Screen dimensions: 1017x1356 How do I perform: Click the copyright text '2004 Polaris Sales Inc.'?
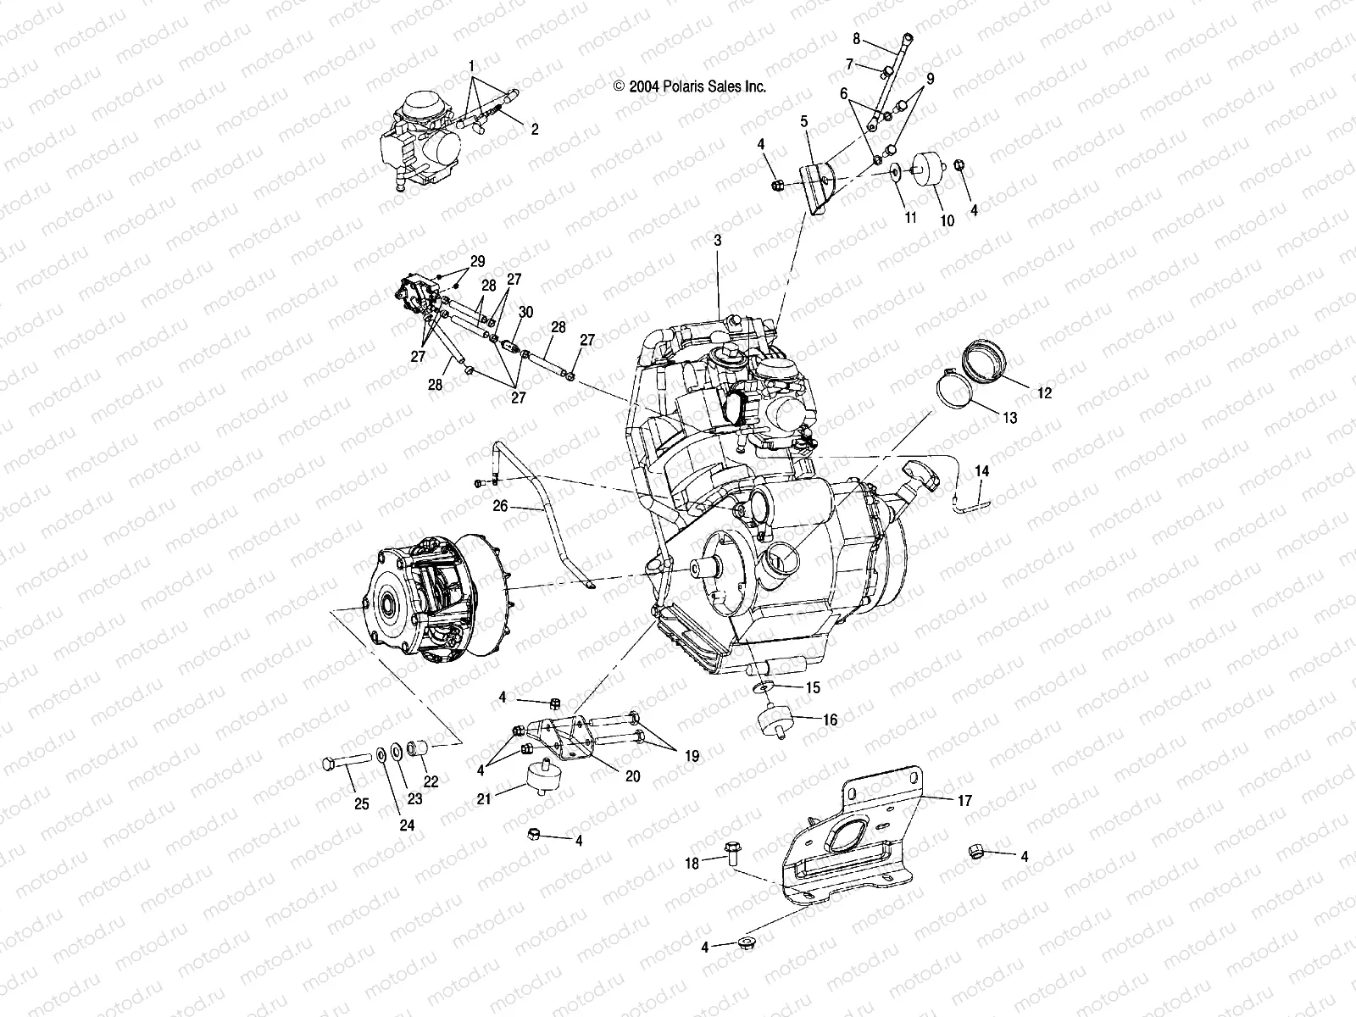click(690, 86)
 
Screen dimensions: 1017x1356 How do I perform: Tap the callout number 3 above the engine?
click(717, 241)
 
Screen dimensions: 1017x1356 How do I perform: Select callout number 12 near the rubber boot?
click(1044, 393)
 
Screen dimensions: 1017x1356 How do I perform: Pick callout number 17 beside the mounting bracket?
click(965, 799)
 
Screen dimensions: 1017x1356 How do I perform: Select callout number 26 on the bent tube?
click(500, 506)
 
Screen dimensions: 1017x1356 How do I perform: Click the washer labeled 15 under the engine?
click(767, 686)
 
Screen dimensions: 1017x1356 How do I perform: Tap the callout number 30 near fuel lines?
click(525, 312)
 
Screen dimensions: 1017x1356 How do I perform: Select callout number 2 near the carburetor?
click(534, 130)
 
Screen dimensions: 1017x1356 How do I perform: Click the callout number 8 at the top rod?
click(856, 39)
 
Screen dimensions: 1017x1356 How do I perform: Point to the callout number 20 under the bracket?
click(633, 776)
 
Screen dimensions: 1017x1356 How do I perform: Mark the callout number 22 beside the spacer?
click(431, 782)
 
